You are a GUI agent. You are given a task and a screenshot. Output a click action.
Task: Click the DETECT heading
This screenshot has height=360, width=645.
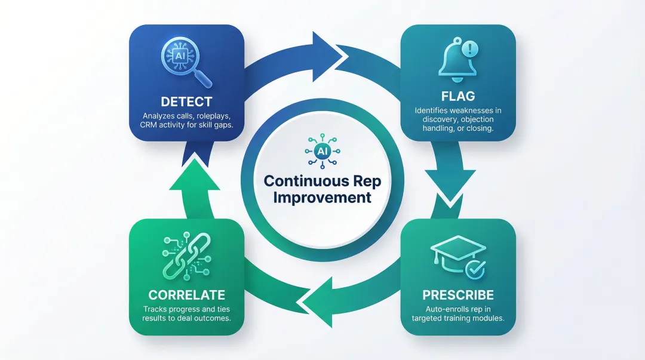click(x=186, y=102)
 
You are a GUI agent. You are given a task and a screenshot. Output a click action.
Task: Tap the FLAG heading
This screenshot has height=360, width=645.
click(x=458, y=96)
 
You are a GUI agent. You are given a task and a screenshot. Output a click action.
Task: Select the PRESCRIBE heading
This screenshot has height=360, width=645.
click(x=458, y=295)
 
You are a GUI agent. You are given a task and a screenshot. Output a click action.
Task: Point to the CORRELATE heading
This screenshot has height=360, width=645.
click(x=186, y=295)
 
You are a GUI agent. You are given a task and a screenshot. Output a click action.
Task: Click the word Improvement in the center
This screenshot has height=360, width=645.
click(x=322, y=198)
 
